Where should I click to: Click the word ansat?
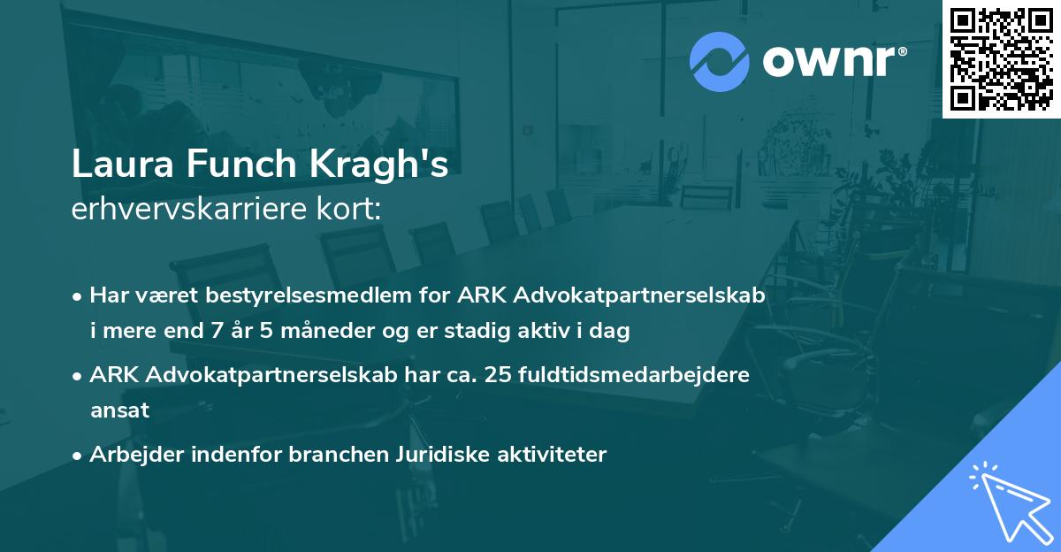[x=119, y=410]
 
